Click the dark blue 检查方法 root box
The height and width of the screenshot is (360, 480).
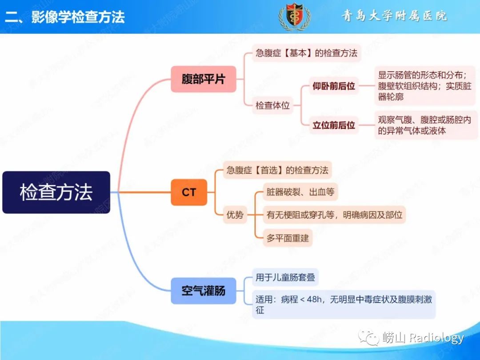(x=56, y=192)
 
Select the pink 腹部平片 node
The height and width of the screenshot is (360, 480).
(x=204, y=79)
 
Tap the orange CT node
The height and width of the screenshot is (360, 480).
(x=189, y=192)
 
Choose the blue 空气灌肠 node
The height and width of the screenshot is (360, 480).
(x=204, y=291)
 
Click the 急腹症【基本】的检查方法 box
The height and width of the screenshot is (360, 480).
(x=306, y=53)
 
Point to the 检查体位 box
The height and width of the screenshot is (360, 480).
(x=272, y=105)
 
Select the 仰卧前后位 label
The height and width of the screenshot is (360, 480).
(x=334, y=86)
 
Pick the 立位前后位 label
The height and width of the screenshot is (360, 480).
(x=334, y=125)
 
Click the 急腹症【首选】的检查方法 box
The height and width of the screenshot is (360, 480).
(x=277, y=170)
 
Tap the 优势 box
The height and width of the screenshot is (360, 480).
(x=235, y=215)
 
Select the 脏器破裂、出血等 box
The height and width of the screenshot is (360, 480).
(x=300, y=192)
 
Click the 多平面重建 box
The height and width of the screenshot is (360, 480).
(x=288, y=238)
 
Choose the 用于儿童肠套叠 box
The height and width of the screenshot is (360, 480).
(x=285, y=277)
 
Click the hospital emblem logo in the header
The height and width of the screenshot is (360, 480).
(x=295, y=16)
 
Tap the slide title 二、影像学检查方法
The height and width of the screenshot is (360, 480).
(x=65, y=17)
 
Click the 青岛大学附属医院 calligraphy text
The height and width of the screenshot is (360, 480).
(x=395, y=16)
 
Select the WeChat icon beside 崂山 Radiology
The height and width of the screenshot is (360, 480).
(x=369, y=338)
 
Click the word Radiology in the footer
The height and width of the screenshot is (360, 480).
(x=436, y=338)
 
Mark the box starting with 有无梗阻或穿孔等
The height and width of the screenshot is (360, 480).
(x=334, y=215)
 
